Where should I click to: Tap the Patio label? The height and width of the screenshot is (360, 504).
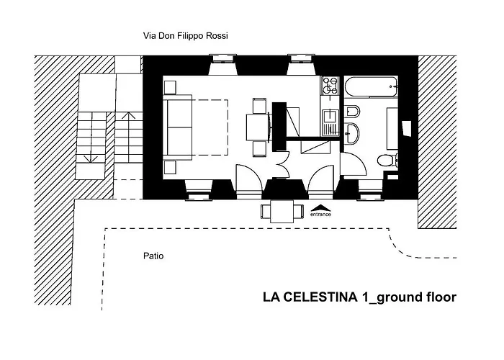coord(153,256)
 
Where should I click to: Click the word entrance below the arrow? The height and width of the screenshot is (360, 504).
coord(320,214)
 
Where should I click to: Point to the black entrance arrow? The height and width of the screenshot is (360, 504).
coord(320,205)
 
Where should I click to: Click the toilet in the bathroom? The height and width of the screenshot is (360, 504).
coord(387,160)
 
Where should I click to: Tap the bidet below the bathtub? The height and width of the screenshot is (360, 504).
coord(352,112)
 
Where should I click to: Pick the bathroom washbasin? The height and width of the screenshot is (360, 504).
coord(352,132)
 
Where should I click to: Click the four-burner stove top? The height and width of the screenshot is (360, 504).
coord(330,87)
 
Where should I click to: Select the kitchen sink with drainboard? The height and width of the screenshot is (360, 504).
coord(330,122)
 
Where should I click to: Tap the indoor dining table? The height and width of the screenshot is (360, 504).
coord(258,127)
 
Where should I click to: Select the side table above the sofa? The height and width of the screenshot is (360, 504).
coord(171,87)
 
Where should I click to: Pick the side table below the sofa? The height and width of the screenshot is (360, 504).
coord(171,167)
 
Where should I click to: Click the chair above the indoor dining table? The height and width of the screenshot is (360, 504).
coord(258,106)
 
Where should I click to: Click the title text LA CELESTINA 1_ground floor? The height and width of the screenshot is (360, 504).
coord(359,297)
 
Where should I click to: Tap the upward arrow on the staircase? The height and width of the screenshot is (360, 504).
coord(129,115)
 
